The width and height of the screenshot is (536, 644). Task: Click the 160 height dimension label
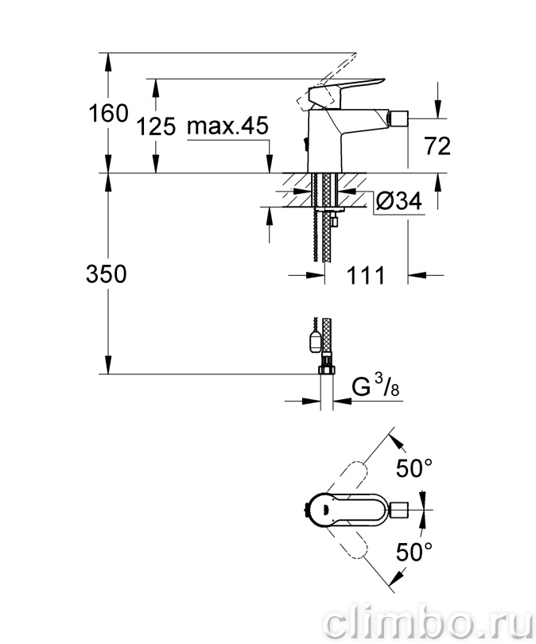108,114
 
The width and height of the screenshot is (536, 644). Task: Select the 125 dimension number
156,126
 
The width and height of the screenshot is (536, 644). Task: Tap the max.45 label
227,125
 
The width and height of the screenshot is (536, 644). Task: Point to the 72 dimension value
437,145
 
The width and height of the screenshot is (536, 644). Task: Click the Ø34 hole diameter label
398,201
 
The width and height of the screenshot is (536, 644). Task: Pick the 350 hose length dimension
107,274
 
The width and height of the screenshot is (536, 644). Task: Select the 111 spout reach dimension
366,275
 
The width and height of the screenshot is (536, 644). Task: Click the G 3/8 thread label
375,386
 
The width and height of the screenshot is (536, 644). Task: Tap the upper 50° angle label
414,468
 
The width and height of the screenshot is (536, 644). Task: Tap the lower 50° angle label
414,552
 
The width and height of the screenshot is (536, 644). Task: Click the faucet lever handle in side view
346,92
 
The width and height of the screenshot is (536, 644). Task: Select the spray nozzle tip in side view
398,118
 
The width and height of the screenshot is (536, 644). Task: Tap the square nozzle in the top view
398,510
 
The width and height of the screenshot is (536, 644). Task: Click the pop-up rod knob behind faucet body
305,144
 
